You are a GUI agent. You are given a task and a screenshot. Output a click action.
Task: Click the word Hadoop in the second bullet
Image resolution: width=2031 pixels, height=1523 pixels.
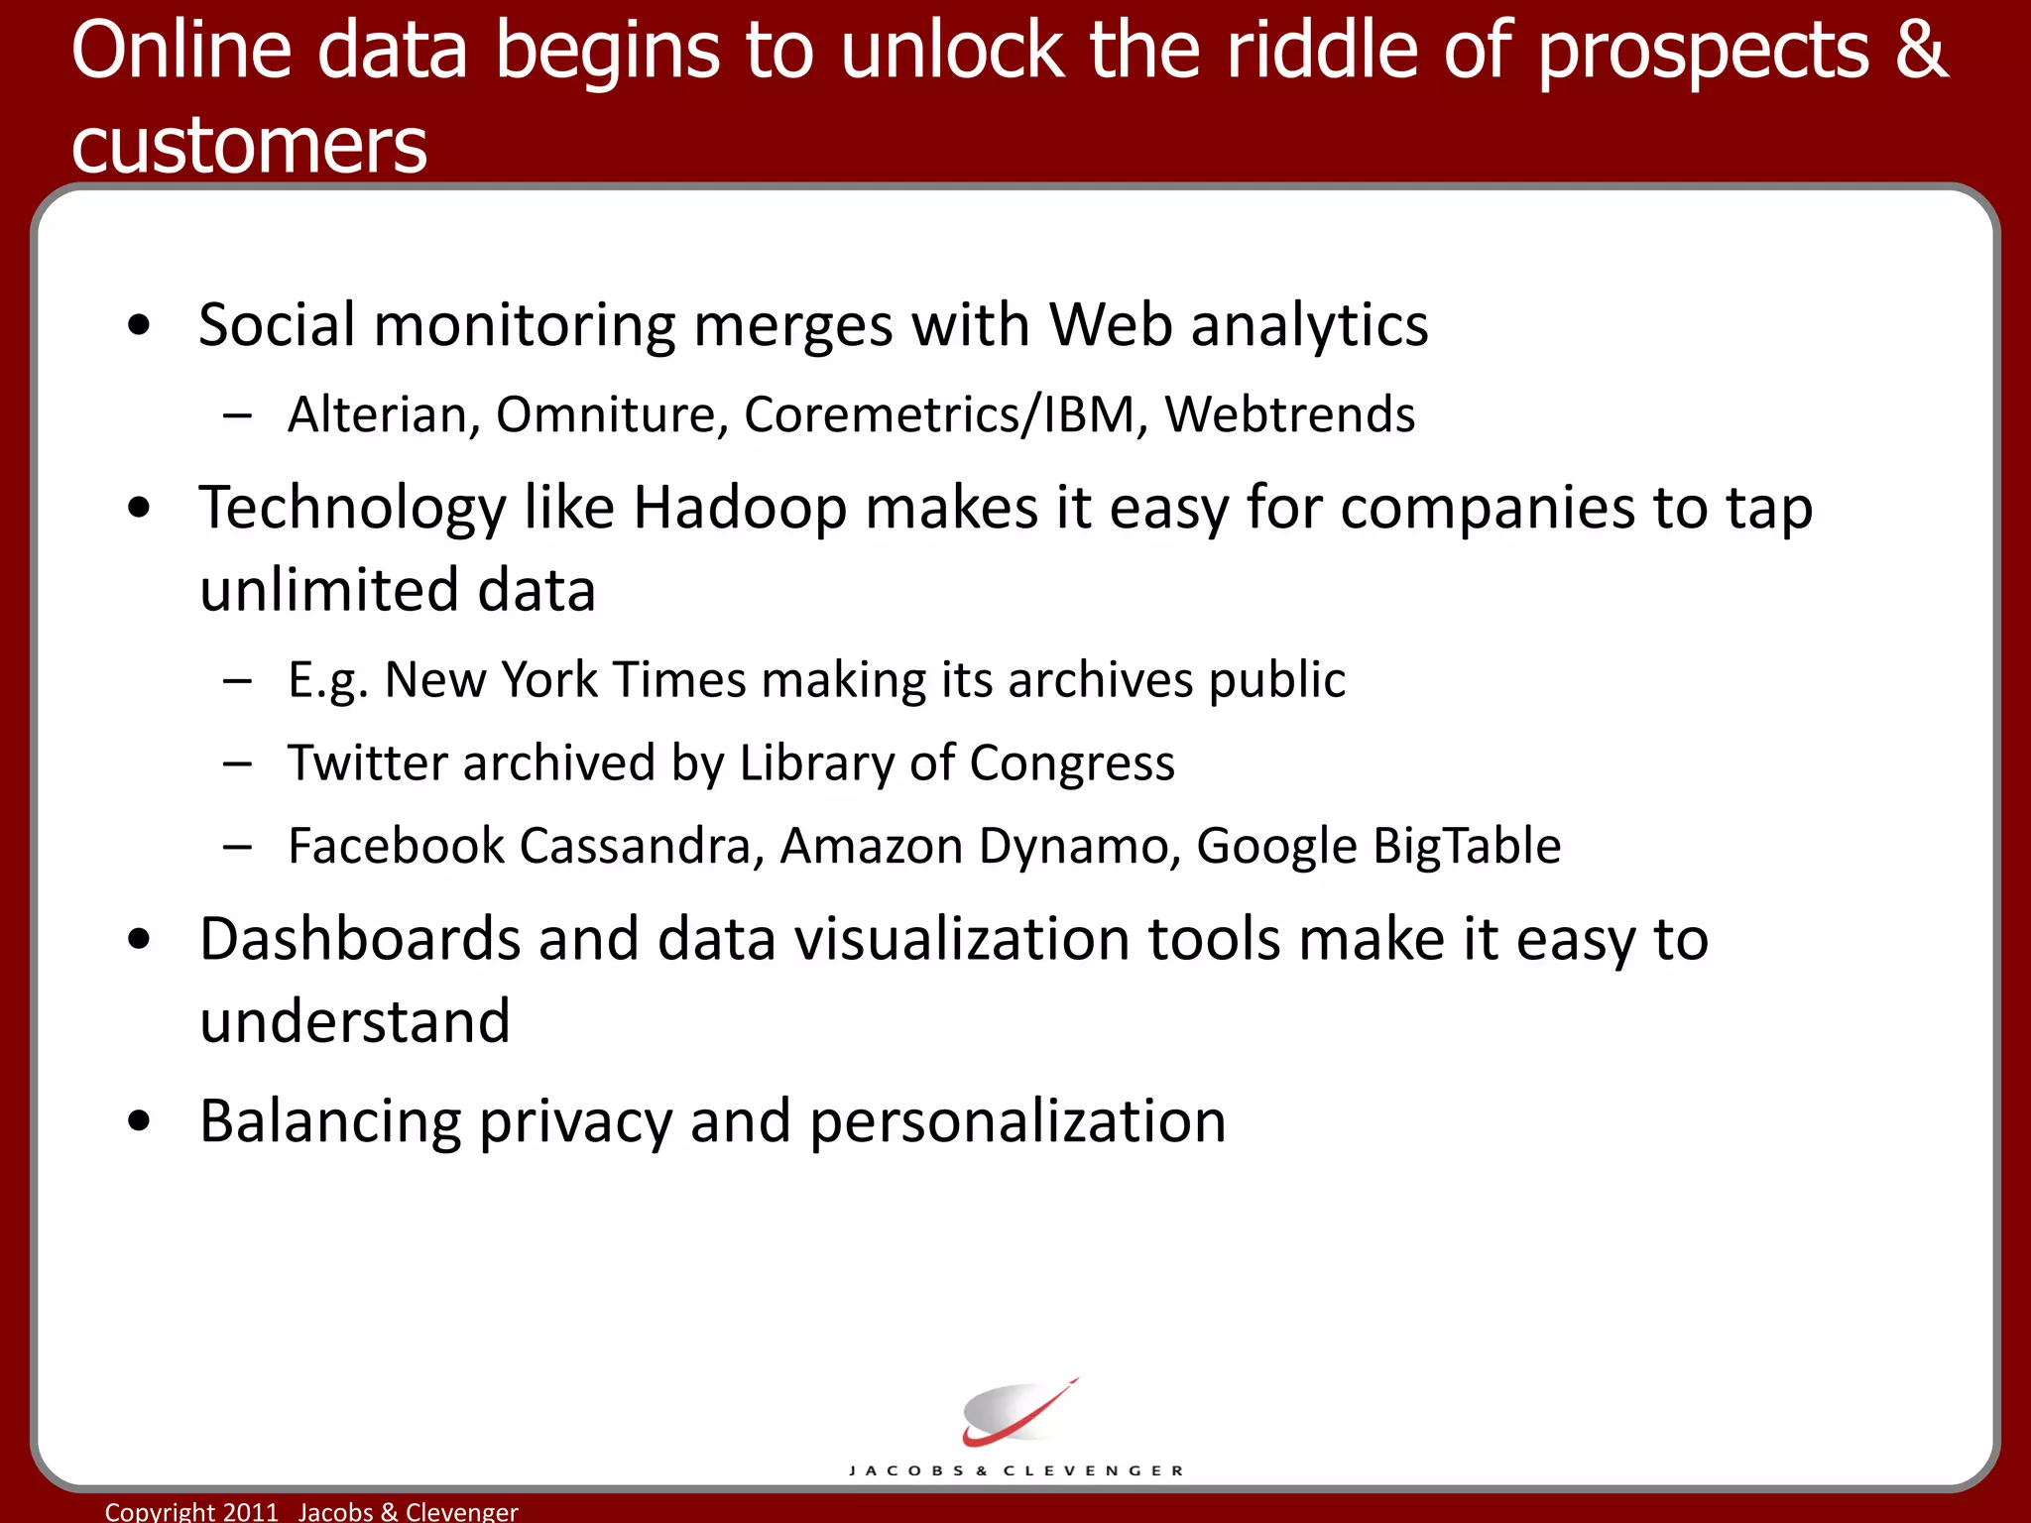point(739,509)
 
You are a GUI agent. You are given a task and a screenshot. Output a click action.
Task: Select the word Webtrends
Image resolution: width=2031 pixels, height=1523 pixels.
point(1289,414)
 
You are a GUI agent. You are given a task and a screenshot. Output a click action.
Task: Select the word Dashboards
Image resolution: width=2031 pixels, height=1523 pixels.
point(359,939)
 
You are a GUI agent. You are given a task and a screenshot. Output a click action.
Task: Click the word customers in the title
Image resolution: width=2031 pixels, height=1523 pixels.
point(249,146)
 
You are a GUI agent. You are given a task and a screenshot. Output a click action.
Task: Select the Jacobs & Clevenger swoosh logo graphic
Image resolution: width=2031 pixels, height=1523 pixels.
point(1016,1413)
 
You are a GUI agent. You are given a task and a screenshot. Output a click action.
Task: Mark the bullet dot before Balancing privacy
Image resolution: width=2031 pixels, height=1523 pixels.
point(139,1120)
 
